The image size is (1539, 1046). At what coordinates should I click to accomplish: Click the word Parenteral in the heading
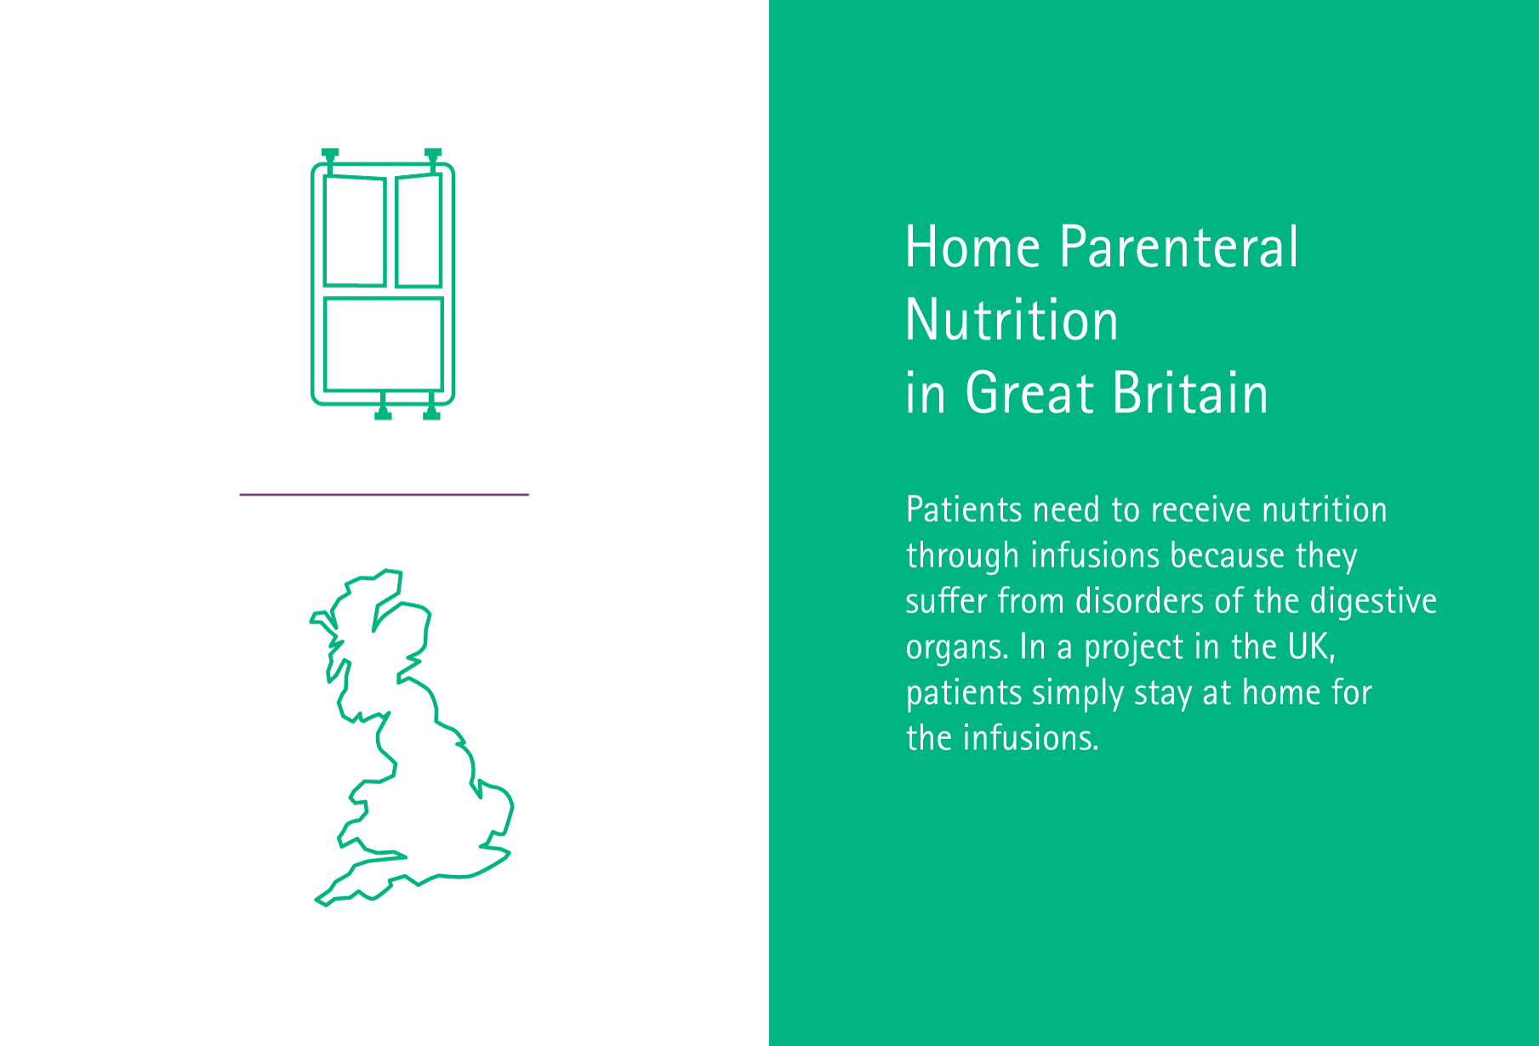(1179, 247)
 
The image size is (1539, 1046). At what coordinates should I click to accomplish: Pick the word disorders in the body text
(1139, 601)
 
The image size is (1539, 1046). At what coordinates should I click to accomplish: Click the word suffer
(946, 601)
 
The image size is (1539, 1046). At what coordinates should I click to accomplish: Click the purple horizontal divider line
(385, 494)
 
